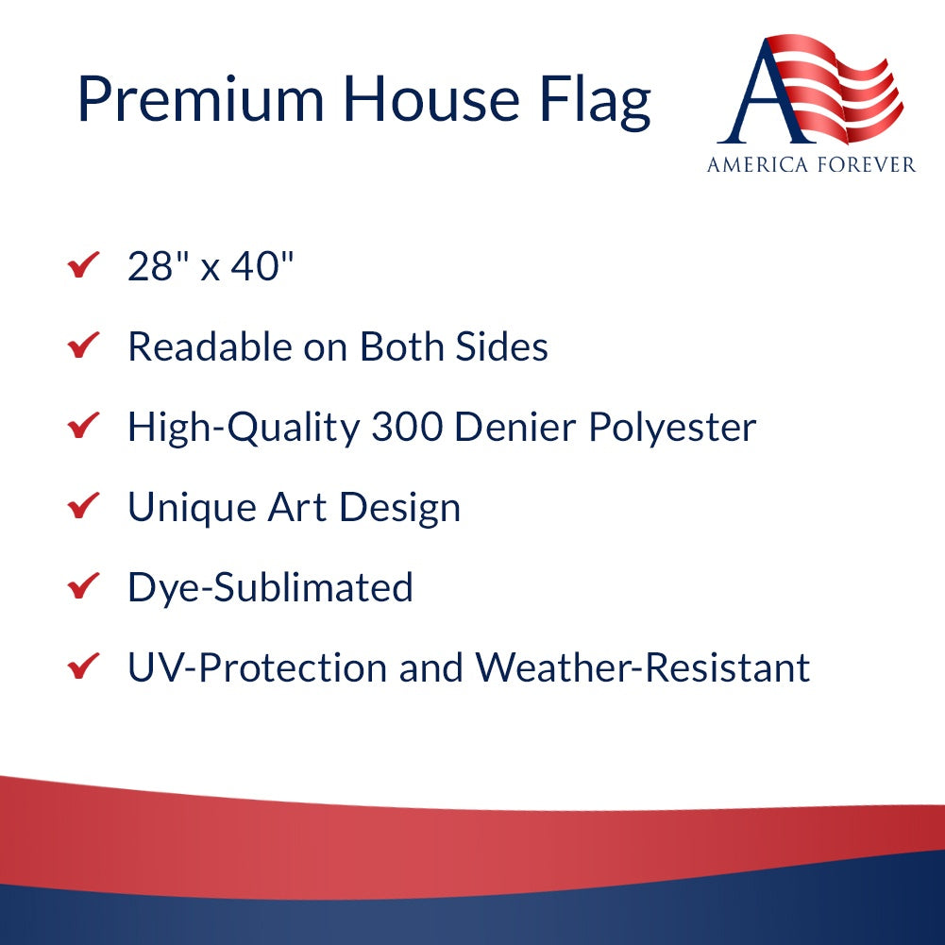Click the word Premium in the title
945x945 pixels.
200,98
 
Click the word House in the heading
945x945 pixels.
431,98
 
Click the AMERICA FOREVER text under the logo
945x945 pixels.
811,165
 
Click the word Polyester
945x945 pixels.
672,429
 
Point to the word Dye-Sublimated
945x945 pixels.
270,588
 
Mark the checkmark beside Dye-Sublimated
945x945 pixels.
84,587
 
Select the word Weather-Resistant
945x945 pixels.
642,668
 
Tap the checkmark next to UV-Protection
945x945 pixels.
84,667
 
